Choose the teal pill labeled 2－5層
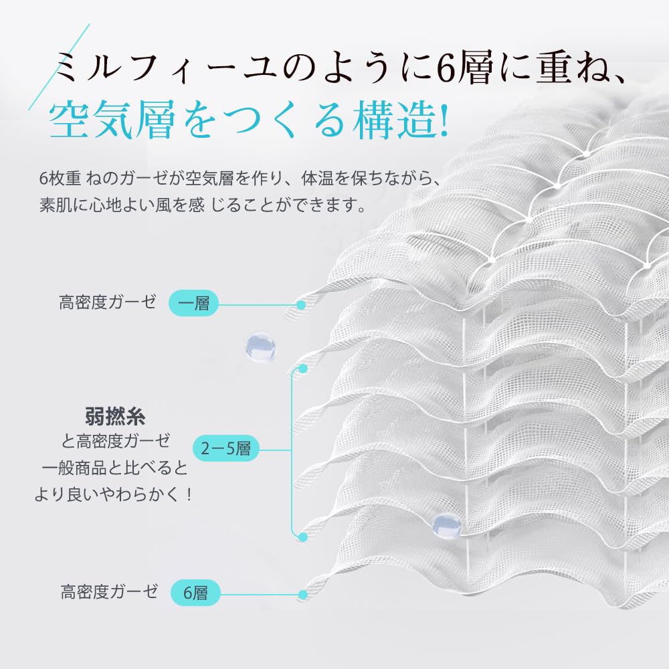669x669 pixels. click(225, 448)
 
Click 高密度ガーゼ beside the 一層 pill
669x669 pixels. click(108, 302)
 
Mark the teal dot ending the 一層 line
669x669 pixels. click(302, 304)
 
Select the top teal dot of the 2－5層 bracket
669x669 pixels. click(302, 369)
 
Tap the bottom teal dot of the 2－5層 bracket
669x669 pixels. click(302, 535)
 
